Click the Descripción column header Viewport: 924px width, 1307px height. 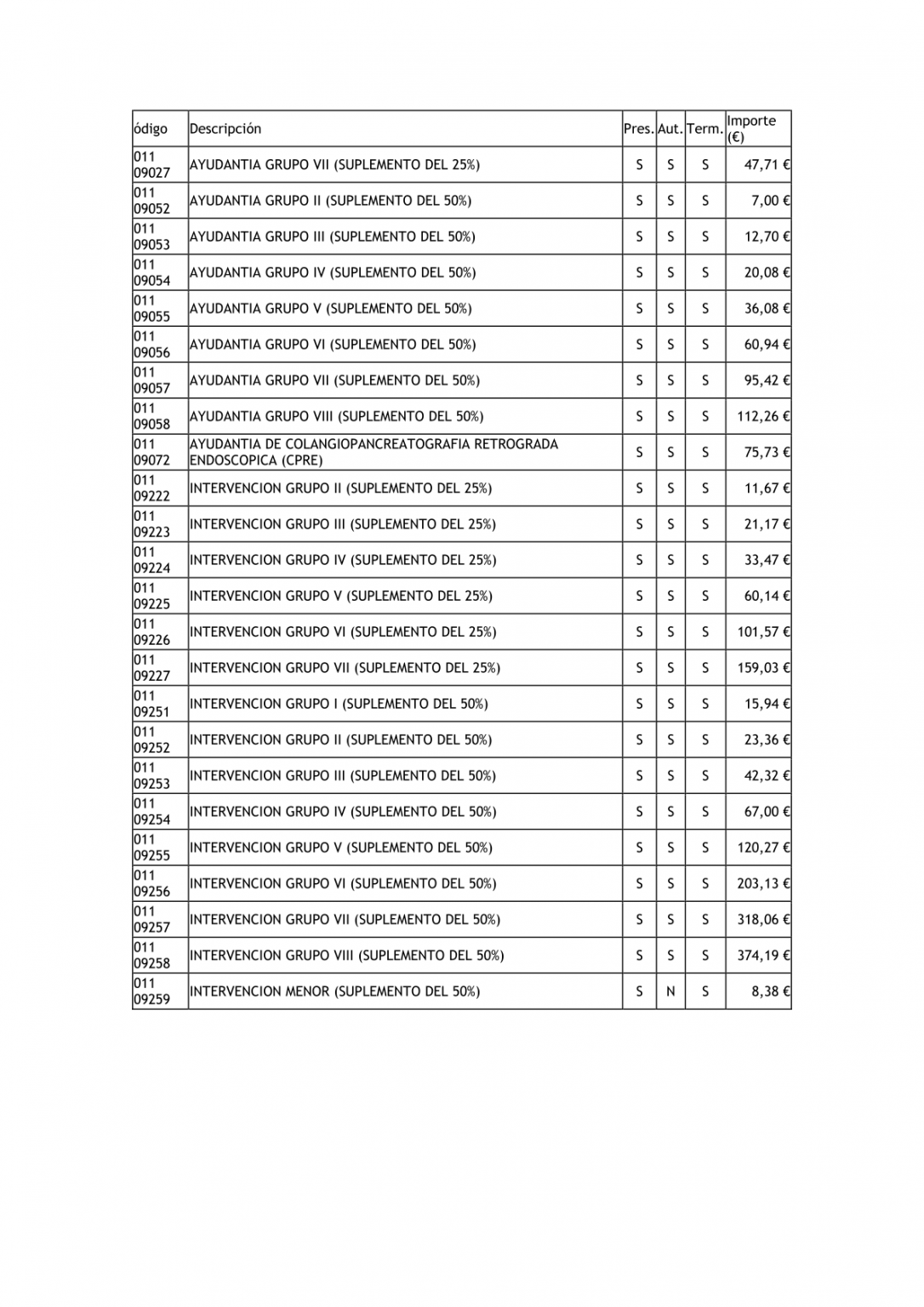click(x=225, y=129)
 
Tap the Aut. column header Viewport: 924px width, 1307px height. click(x=670, y=129)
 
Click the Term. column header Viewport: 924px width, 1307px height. click(x=704, y=129)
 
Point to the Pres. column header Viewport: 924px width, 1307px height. click(x=638, y=129)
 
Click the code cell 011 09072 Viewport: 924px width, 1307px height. click(x=152, y=453)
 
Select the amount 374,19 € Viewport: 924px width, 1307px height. click(x=763, y=956)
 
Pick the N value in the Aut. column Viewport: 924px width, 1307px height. click(x=670, y=991)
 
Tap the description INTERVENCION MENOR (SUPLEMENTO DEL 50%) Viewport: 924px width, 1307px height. click(x=334, y=991)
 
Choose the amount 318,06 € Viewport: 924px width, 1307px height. click(x=763, y=920)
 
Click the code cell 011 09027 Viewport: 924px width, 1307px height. click(x=152, y=165)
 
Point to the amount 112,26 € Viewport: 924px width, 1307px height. click(x=763, y=417)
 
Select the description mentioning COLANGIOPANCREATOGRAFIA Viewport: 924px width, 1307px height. click(x=374, y=453)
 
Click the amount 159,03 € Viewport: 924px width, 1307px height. click(x=763, y=668)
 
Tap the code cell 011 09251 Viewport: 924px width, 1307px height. click(x=152, y=704)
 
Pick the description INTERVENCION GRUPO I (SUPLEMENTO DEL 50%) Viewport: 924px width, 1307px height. click(x=339, y=704)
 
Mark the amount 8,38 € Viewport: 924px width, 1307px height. click(x=770, y=991)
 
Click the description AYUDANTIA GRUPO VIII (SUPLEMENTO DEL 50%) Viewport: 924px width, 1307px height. click(x=336, y=417)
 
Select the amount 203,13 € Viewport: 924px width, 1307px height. click(x=763, y=884)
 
